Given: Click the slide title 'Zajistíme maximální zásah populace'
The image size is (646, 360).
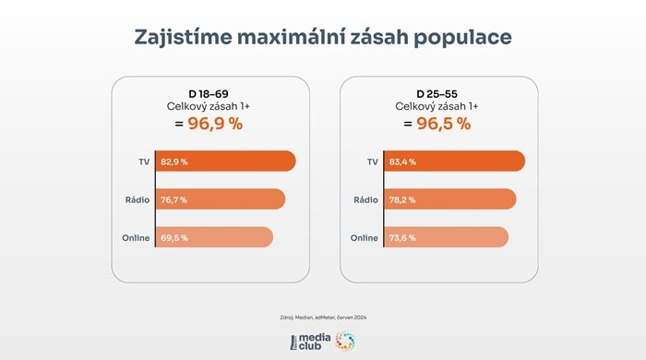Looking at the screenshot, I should tap(322, 37).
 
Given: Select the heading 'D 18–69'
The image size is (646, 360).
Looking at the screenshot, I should tap(209, 94).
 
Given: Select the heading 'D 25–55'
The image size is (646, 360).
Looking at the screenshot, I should tap(439, 94).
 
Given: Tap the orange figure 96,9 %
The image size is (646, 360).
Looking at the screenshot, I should tap(209, 124).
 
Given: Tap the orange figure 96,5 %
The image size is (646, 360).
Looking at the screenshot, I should tap(439, 124).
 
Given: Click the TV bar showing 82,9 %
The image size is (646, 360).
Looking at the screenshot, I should tap(224, 162).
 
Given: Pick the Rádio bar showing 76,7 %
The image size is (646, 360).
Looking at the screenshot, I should tap(219, 199).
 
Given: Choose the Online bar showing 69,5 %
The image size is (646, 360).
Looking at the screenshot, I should tap(213, 237).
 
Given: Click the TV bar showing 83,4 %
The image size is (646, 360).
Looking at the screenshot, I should tap(455, 162).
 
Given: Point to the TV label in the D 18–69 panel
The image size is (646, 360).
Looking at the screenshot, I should tap(143, 162).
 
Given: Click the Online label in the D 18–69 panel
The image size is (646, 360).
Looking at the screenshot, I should tap(136, 237).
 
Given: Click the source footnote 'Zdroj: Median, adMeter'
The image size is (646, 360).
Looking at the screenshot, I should tap(322, 317).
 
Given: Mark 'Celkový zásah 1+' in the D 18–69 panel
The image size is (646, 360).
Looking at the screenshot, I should tap(209, 107).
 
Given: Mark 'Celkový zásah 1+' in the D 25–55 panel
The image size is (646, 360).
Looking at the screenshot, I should tap(439, 107).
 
